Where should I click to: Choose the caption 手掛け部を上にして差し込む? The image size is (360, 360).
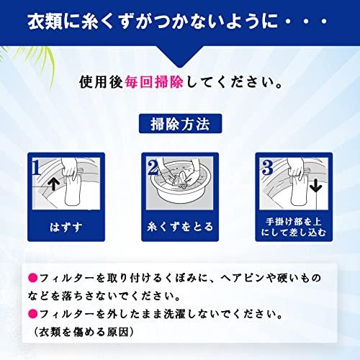(x=294, y=230)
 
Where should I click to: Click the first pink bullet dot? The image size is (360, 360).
(x=30, y=277)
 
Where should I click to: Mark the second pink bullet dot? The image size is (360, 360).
(x=30, y=315)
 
